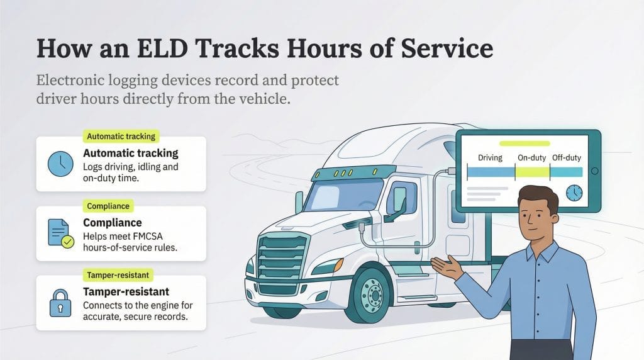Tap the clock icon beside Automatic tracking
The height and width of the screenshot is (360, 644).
pos(61,164)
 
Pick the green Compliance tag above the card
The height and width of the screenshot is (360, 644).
pos(108,206)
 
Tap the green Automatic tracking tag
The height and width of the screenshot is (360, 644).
pos(121,136)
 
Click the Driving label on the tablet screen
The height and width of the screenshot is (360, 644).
pos(490,157)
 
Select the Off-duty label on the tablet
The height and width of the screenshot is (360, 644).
pos(566,157)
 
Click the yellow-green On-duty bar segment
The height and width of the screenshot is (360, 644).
pos(532,172)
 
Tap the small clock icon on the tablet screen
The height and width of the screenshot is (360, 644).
pos(574,193)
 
